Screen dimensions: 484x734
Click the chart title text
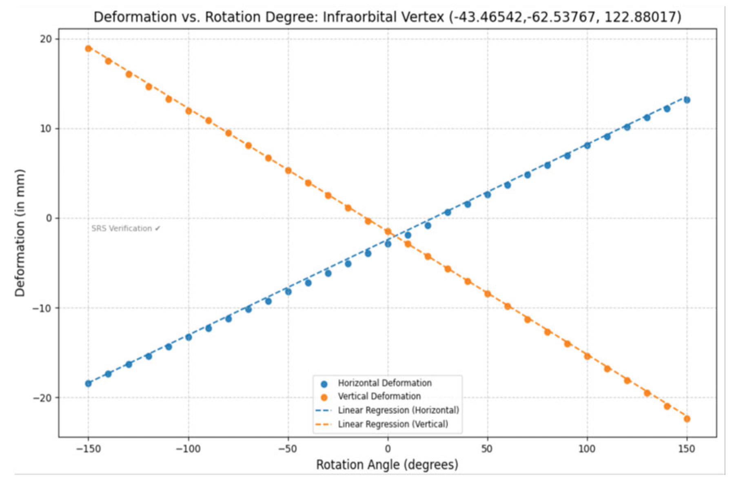[387, 17]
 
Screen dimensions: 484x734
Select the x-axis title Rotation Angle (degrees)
[387, 464]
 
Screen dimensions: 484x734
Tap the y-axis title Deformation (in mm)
[20, 233]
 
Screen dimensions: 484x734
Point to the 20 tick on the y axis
[46, 39]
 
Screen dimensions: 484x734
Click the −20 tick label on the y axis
[43, 397]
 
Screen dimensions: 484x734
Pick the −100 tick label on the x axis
[188, 449]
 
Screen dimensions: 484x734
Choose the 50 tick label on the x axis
[487, 449]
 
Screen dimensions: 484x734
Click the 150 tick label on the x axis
[686, 449]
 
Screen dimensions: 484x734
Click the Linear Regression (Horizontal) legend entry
[398, 410]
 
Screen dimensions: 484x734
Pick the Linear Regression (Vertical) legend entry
[393, 424]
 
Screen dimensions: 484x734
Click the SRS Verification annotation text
[126, 229]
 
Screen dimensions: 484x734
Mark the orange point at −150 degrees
[88, 49]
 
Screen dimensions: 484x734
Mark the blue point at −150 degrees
[88, 384]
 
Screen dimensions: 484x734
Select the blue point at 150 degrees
[687, 100]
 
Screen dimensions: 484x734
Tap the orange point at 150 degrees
[687, 419]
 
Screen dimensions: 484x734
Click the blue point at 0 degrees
[388, 244]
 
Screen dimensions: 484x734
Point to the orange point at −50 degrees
[288, 171]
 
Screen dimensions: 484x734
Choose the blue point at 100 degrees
[587, 145]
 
